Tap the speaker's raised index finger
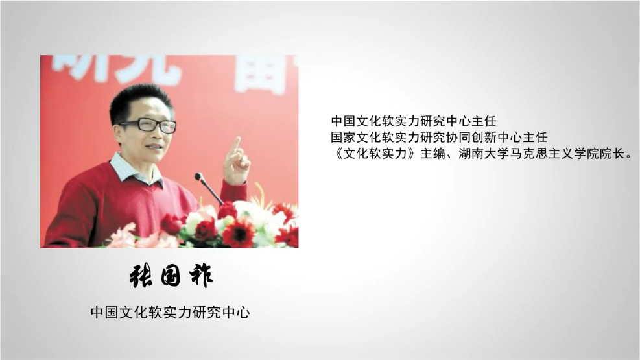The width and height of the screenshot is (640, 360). coord(235,145)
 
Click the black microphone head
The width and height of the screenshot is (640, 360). coord(199,176)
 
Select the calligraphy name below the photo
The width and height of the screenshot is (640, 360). coord(171,276)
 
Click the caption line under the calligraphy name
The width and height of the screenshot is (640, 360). coord(170,312)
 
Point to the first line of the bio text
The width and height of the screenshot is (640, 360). coord(414,121)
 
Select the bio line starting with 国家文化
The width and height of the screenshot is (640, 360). coord(439,137)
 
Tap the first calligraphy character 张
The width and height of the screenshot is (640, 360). coord(141,277)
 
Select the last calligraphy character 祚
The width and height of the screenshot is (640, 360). coord(201,276)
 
